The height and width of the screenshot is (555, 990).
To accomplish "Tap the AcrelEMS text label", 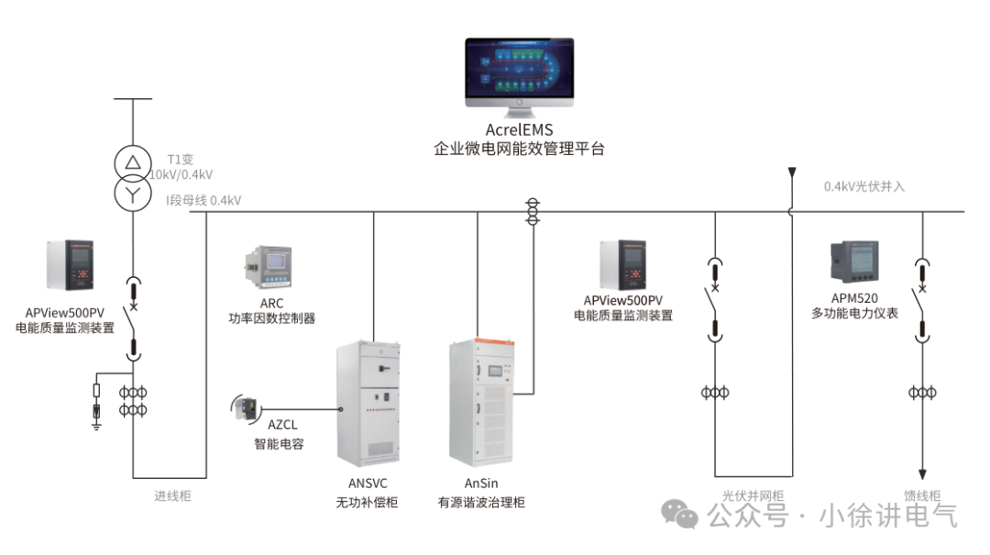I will tap(519, 130).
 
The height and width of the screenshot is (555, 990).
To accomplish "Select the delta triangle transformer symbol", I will tap(133, 163).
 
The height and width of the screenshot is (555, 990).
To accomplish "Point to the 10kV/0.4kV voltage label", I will tap(181, 174).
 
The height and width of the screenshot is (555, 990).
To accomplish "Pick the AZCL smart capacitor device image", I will tap(247, 408).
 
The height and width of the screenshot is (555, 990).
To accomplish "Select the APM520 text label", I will tap(854, 297).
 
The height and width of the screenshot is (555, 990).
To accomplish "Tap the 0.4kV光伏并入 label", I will tap(863, 186).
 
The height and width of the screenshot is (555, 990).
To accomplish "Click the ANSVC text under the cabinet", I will tap(367, 483).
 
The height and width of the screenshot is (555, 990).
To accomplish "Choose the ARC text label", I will tap(271, 303).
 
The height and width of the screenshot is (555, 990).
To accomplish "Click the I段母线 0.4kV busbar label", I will tap(203, 200).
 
